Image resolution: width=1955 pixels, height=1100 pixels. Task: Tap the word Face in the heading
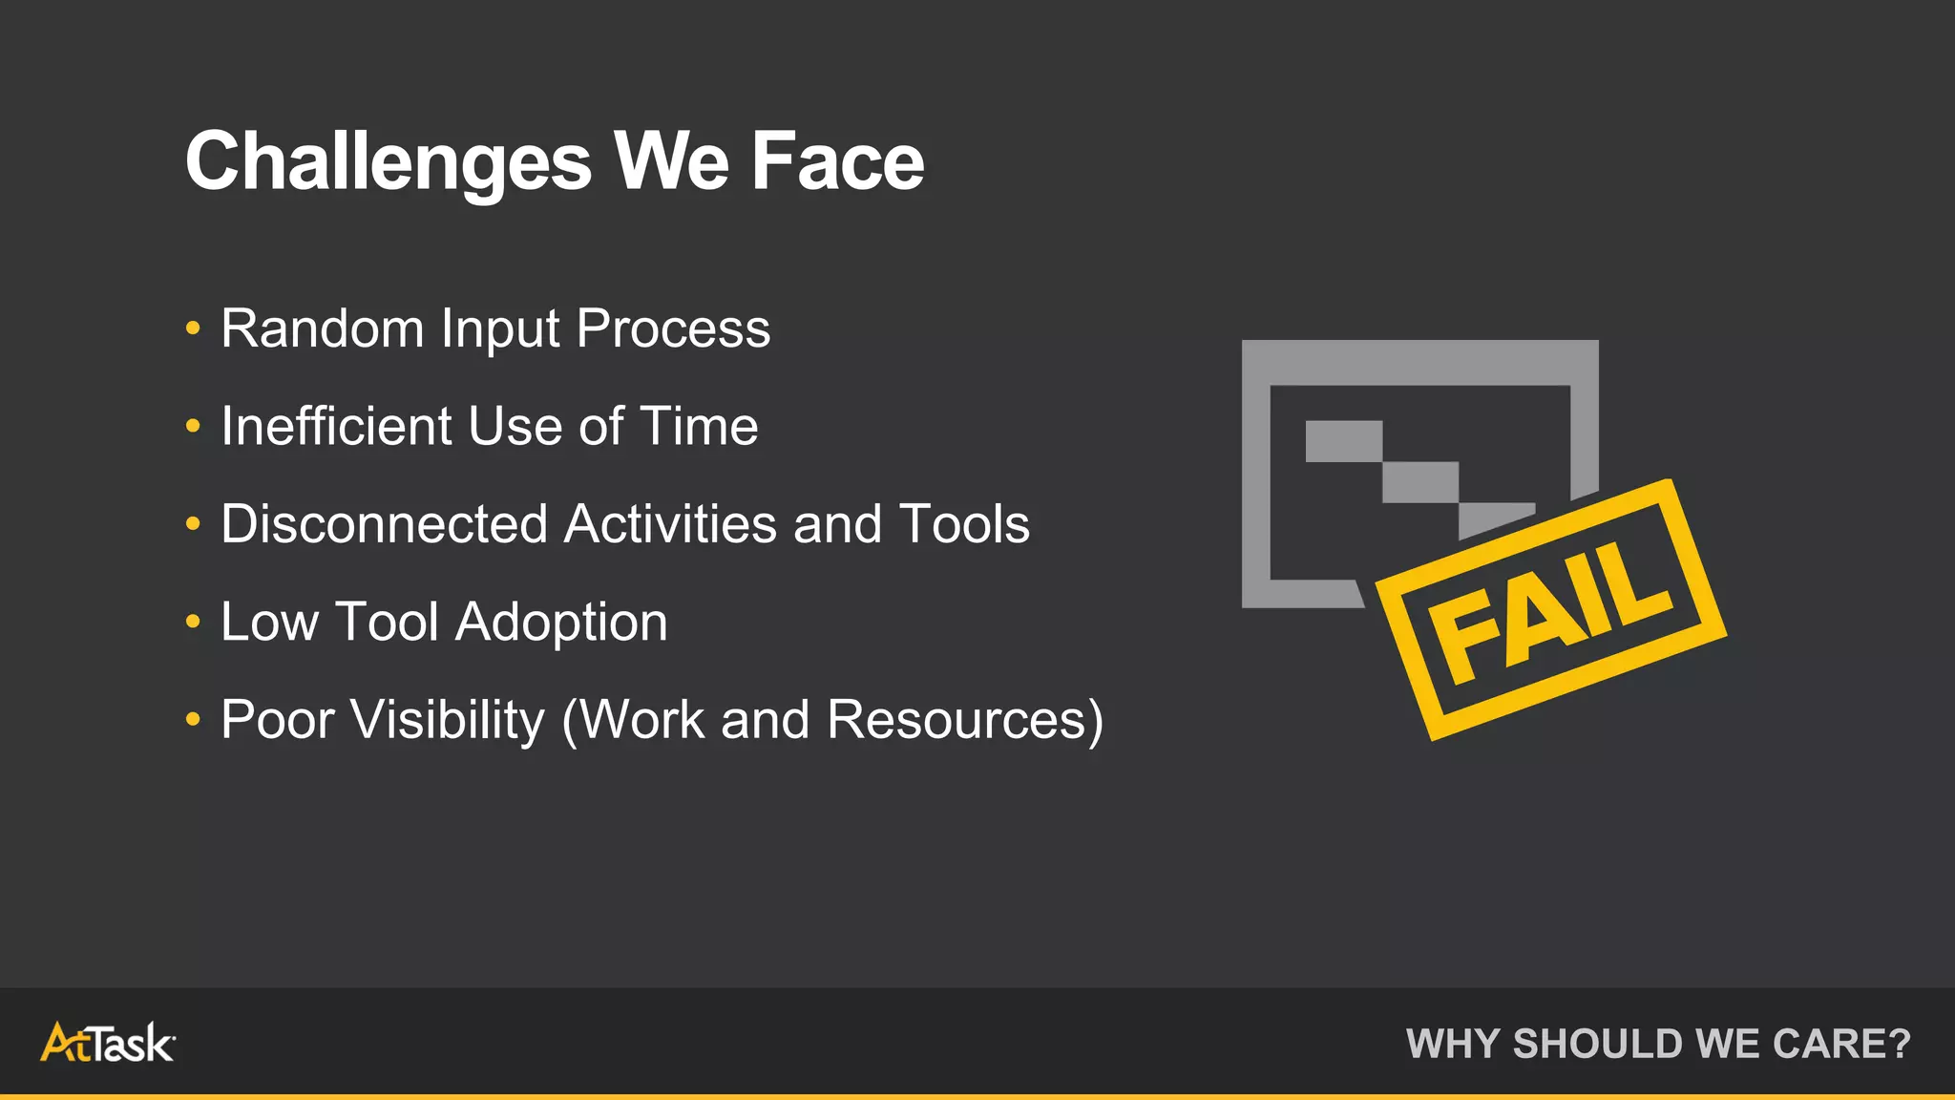pos(837,162)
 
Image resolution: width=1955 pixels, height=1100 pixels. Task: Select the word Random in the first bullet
pos(323,328)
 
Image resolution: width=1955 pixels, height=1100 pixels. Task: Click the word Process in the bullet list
pos(673,328)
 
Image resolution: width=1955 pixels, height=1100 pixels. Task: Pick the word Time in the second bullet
pos(699,426)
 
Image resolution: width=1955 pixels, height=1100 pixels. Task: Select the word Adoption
pos(561,623)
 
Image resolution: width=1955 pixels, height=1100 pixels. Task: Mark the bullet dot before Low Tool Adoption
pos(193,623)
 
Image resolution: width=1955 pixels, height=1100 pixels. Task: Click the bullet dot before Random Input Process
pos(193,328)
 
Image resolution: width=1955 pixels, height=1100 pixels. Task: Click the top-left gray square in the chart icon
pos(1343,441)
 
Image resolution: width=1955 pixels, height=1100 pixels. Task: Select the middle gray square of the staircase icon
pos(1419,482)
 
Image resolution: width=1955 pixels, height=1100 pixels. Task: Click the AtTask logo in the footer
pos(107,1043)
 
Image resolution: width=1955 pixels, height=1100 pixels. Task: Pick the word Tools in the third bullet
pos(964,524)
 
